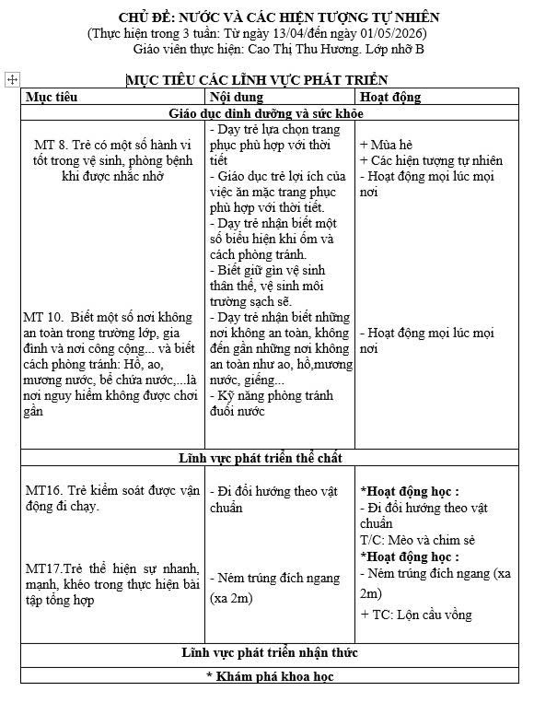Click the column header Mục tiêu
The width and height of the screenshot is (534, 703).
pyautogui.click(x=52, y=97)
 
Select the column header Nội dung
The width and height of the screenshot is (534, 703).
pyautogui.click(x=237, y=97)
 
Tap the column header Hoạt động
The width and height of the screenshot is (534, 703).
pyautogui.click(x=390, y=97)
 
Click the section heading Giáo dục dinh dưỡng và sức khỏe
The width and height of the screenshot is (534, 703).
pyautogui.click(x=266, y=113)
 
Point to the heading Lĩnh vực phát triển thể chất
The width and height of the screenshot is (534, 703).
pyautogui.click(x=266, y=458)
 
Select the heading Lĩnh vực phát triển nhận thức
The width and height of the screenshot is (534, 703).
pyautogui.click(x=266, y=653)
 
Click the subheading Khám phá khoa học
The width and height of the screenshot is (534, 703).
pyautogui.click(x=266, y=677)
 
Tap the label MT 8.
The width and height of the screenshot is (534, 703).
pyautogui.click(x=52, y=146)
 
